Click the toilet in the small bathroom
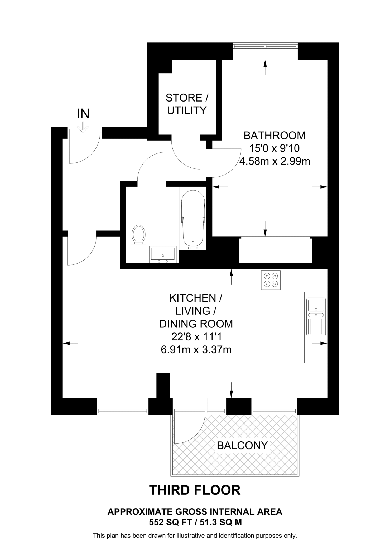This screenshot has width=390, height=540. tap(139, 235)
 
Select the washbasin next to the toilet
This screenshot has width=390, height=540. tap(163, 254)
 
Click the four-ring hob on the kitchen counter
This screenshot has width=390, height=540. tap(271, 280)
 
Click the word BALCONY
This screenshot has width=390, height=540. tap(242, 445)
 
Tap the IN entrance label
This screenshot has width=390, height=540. tap(83, 114)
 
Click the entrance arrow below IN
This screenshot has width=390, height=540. tap(83, 127)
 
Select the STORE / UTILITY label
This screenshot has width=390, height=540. tap(187, 104)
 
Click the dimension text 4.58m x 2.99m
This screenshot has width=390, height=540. tap(275, 161)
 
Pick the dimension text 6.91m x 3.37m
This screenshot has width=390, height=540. tap(196, 350)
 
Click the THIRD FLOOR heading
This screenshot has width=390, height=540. tap(195, 490)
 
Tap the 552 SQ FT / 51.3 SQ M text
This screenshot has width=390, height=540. tap(195, 522)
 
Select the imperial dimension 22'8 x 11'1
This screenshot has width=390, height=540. tap(196, 337)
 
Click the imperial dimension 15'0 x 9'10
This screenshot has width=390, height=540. tap(275, 148)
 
